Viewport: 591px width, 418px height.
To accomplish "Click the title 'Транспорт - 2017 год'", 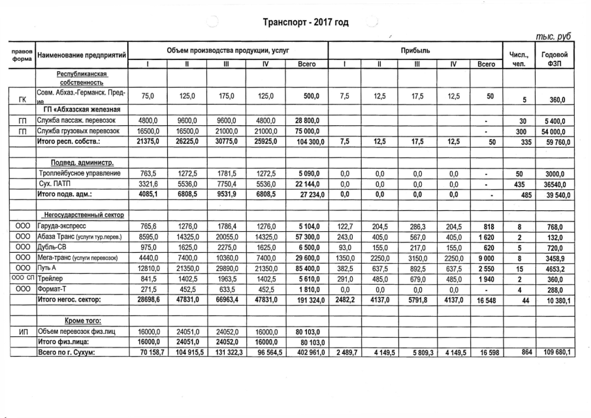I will [305, 22].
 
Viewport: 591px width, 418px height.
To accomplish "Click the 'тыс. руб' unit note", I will [553, 37].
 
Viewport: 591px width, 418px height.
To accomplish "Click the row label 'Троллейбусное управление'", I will [80, 173].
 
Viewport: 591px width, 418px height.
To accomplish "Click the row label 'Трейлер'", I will [52, 278].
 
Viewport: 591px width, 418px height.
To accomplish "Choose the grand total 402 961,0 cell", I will [305, 353].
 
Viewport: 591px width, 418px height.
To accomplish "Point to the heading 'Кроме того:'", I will [82, 321].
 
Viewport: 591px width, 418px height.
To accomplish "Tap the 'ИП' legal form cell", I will [19, 331].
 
